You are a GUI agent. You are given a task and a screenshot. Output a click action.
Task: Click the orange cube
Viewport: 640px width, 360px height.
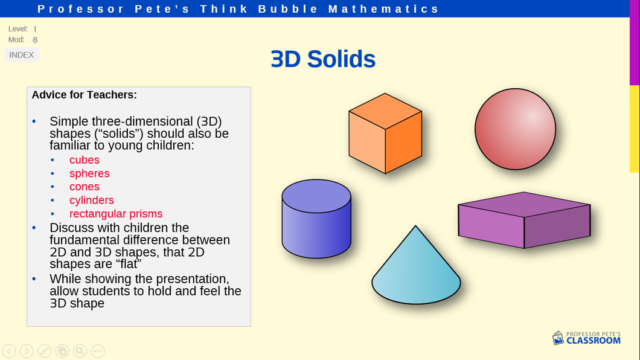[x=385, y=133]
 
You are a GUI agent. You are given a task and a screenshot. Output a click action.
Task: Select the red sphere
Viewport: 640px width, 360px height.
[x=515, y=129]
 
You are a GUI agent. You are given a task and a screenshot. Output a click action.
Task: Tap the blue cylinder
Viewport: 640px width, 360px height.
[x=316, y=219]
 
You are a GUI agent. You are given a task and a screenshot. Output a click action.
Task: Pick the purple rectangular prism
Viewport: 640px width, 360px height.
[x=524, y=220]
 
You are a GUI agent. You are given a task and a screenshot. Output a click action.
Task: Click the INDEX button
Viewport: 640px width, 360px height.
[x=22, y=55]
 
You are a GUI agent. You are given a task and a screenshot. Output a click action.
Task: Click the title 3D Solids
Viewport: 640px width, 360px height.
[x=323, y=59]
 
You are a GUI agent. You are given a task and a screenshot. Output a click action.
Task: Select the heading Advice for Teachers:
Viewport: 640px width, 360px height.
[x=84, y=95]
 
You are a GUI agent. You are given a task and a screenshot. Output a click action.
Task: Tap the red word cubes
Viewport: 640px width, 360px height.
[x=85, y=159]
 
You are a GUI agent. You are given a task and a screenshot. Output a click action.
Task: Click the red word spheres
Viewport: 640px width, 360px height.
[x=89, y=173]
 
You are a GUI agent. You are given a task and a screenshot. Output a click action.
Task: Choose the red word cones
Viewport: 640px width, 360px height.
[x=85, y=187]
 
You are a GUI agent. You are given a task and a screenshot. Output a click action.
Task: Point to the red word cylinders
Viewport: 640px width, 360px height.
[x=91, y=200]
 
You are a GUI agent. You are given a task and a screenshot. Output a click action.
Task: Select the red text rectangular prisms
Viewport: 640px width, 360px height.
[x=116, y=213]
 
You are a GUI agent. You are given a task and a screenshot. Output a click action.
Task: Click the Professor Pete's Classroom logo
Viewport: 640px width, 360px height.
[x=586, y=338]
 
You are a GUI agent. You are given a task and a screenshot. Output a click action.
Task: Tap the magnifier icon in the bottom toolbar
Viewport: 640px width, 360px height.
[x=80, y=351]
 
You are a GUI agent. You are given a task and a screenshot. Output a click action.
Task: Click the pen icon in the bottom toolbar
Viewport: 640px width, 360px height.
[x=45, y=351]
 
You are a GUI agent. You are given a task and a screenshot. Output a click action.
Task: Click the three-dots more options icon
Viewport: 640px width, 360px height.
[x=98, y=351]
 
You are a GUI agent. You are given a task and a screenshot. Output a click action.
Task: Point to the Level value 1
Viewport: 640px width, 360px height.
[x=35, y=29]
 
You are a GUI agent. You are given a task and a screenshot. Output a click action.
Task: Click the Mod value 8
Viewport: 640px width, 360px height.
[x=35, y=40]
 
